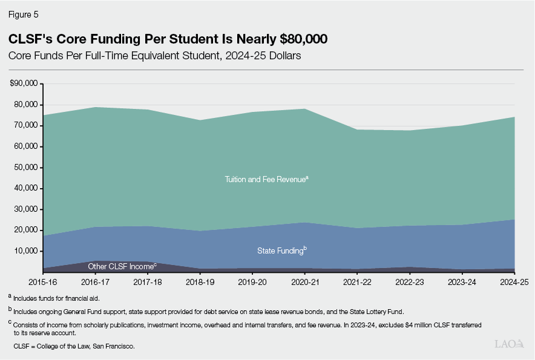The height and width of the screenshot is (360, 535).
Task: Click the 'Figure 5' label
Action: (x=24, y=12)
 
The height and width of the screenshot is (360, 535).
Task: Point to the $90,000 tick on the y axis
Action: (x=25, y=83)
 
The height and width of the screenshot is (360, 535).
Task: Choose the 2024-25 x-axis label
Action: (x=514, y=282)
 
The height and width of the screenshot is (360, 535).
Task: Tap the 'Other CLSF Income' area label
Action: (x=122, y=266)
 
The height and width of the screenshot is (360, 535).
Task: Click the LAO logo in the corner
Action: (x=508, y=344)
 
